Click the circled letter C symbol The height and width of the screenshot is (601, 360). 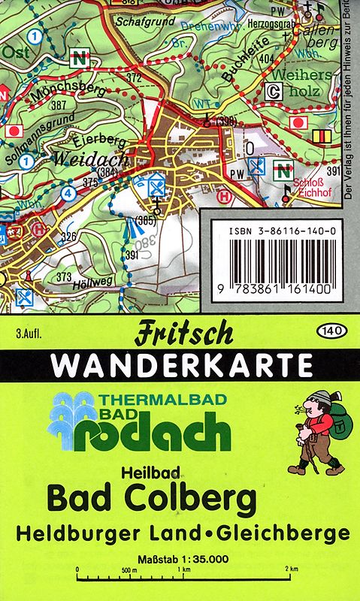[274, 92]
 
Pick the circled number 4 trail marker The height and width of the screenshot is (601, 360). [69, 192]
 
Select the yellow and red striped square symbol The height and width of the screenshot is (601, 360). [322, 136]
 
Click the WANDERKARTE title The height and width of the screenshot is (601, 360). [183, 365]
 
